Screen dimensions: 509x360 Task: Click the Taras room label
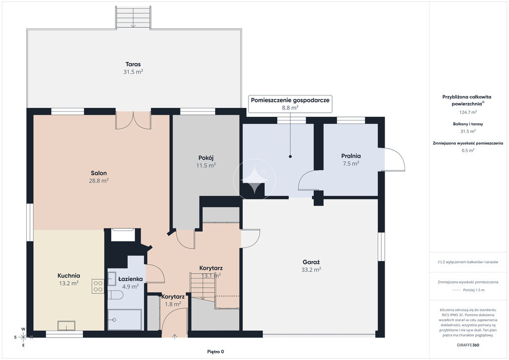[x=133, y=64]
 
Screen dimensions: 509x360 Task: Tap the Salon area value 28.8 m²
[x=99, y=181]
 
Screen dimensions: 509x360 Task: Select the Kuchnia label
[x=69, y=275]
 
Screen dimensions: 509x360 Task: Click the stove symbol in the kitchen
[x=98, y=286]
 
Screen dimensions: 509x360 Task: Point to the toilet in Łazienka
[x=115, y=295]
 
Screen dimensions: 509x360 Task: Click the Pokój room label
[x=206, y=158]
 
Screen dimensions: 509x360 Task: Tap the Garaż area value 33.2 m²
[x=311, y=270]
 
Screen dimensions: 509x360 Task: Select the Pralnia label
[x=351, y=156]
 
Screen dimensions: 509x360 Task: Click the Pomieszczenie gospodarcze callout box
[x=290, y=104]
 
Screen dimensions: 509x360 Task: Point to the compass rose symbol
[x=23, y=337]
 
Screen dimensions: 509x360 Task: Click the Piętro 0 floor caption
[x=216, y=352]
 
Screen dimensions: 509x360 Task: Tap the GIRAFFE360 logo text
[x=468, y=345]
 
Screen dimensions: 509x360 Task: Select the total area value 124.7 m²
[x=468, y=112]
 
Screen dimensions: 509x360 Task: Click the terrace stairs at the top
[x=133, y=17]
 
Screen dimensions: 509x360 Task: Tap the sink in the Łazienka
[x=112, y=278]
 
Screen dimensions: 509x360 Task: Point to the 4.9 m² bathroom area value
[x=131, y=286]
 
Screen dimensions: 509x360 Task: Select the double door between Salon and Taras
[x=133, y=120]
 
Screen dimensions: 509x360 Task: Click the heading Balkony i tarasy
[x=468, y=124]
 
